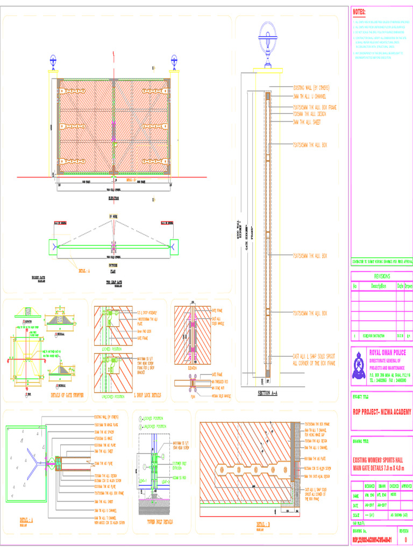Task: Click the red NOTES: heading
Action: (x=359, y=12)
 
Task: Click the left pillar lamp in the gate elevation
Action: (x=53, y=60)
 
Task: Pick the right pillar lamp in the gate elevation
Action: (x=174, y=60)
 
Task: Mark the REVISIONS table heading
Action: (x=382, y=275)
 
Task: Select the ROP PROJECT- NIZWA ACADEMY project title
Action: (x=381, y=412)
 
